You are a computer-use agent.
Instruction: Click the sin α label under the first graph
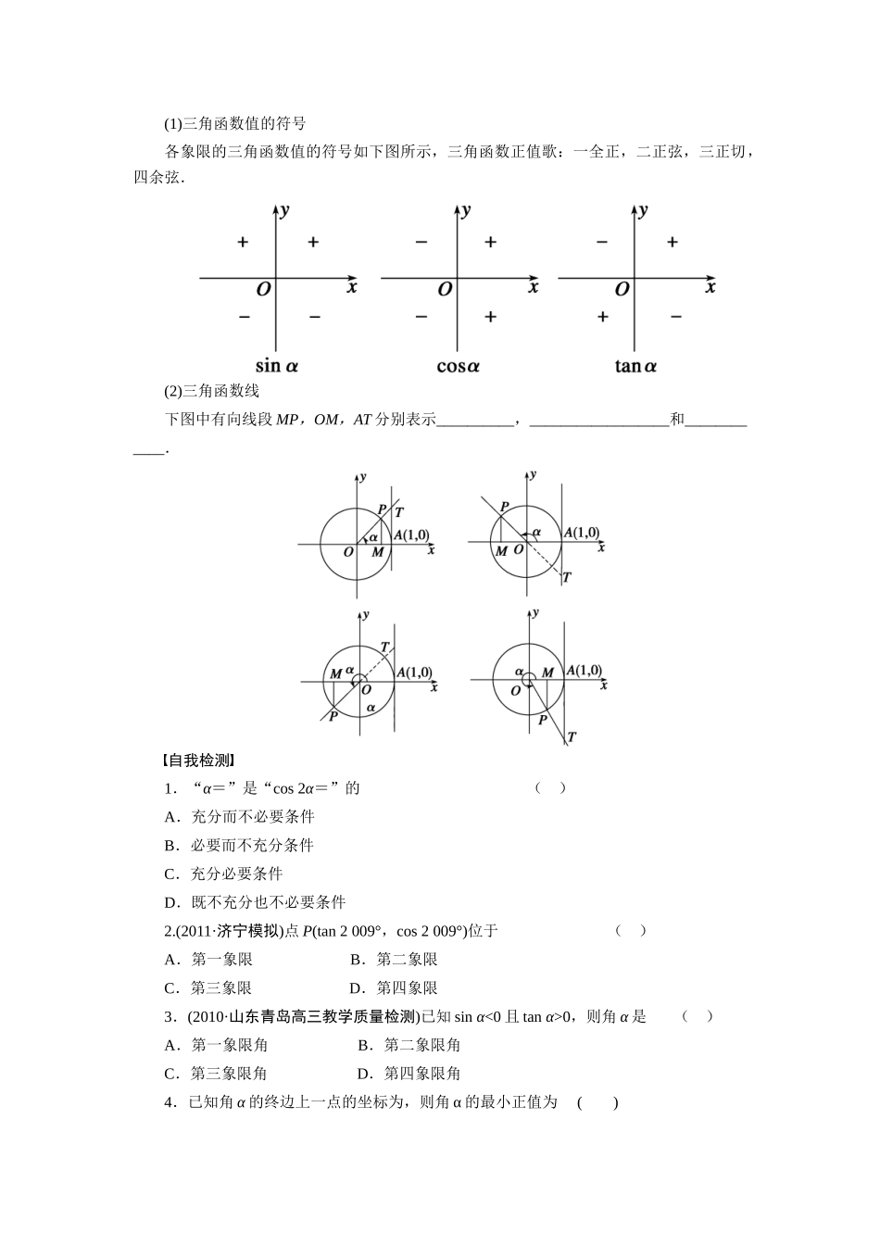277,366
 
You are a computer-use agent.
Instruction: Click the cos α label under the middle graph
458,366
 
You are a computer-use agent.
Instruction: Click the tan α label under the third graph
635,366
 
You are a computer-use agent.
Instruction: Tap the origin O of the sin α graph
264,289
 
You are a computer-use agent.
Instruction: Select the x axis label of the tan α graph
710,287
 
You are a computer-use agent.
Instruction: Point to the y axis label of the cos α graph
466,209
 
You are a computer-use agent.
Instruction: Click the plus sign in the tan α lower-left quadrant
603,317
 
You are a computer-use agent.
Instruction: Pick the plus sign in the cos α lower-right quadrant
490,317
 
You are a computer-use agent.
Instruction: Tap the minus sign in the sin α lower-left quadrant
244,317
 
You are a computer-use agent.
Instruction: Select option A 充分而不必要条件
239,816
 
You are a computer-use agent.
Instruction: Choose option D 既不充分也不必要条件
255,902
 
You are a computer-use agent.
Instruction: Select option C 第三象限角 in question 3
216,1074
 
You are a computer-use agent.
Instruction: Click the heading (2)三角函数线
212,391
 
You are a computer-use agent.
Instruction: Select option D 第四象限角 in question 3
409,1074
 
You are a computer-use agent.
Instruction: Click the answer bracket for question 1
550,788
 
